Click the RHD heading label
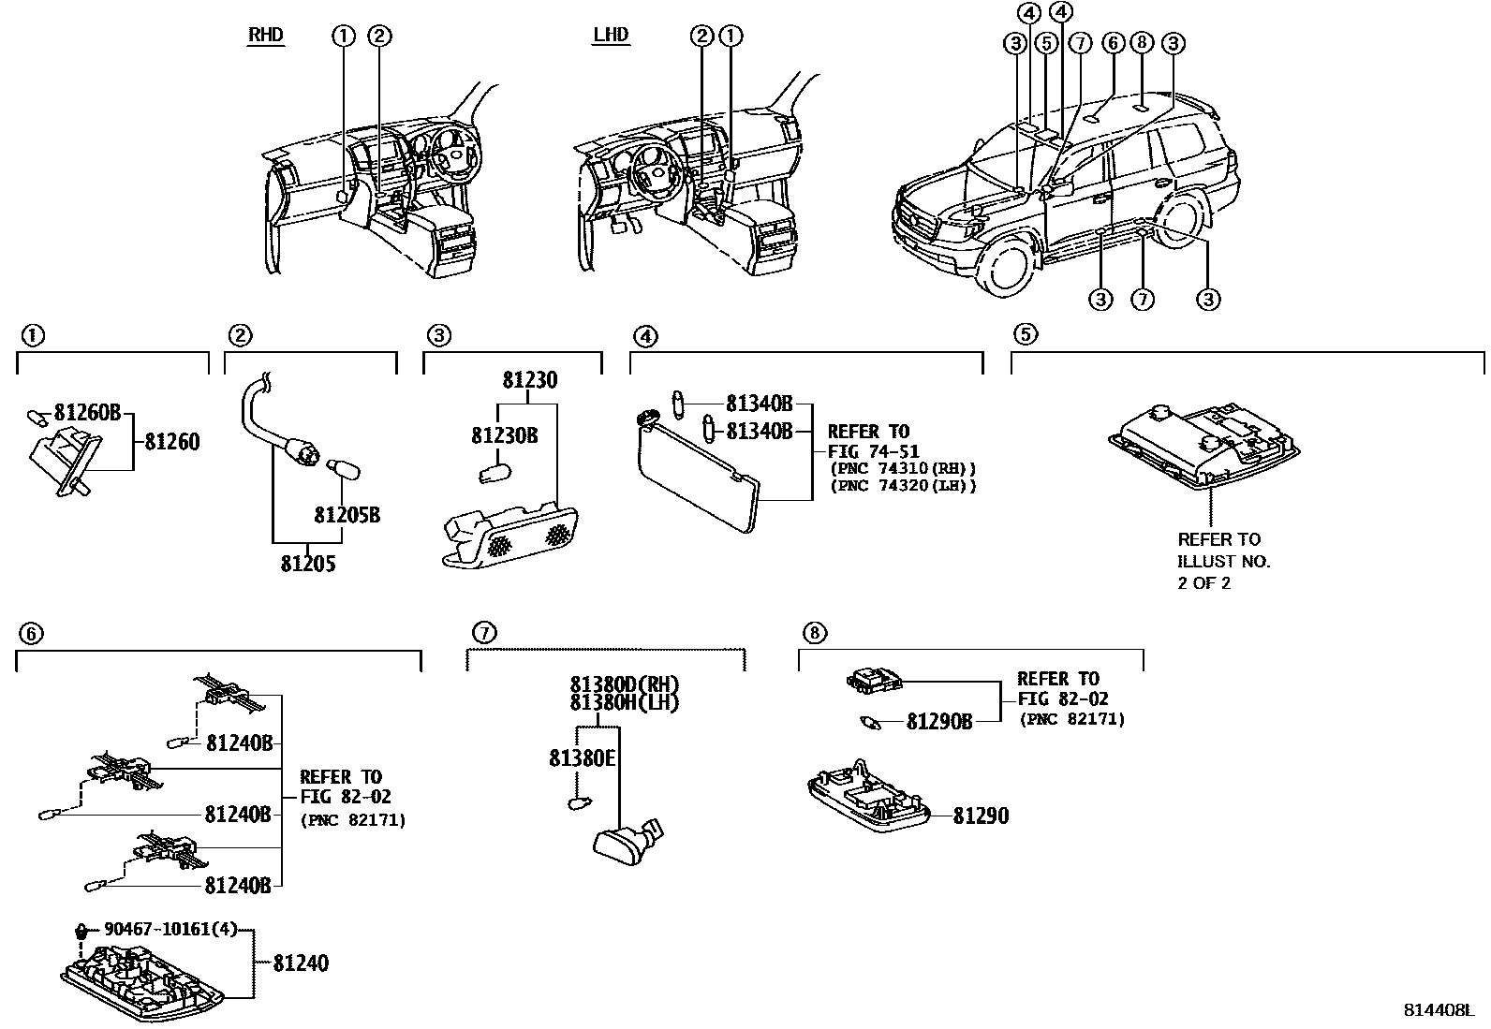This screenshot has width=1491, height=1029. click(x=265, y=37)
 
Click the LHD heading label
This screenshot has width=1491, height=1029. click(x=611, y=37)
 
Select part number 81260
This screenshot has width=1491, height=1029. click(x=172, y=442)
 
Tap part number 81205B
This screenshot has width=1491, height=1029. click(x=347, y=515)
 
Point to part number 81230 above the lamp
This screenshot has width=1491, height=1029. click(x=529, y=381)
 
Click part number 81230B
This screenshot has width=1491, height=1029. click(x=504, y=436)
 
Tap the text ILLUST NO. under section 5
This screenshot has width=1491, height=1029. click(x=1223, y=562)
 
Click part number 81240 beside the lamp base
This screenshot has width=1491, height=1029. click(x=301, y=963)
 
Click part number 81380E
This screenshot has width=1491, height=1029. click(x=582, y=758)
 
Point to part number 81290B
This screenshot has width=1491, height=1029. click(x=939, y=722)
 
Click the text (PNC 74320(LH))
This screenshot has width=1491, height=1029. click(x=903, y=486)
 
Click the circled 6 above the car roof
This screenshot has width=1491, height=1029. click(x=1112, y=42)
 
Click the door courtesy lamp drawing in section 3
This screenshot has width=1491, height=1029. click(x=509, y=538)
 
